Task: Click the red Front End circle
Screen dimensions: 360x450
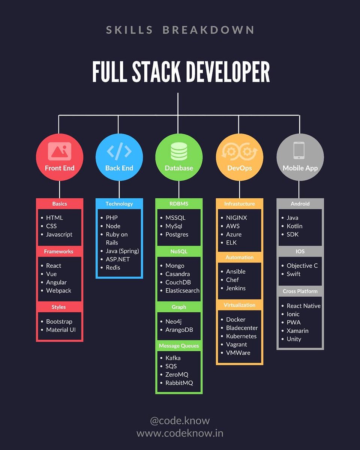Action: (x=60, y=157)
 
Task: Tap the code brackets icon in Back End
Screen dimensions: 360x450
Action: (x=119, y=151)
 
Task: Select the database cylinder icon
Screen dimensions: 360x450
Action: (x=179, y=151)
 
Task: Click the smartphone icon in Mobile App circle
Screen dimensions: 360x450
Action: (x=299, y=150)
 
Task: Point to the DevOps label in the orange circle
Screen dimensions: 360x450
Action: (x=240, y=168)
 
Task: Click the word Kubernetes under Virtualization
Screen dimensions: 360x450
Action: (x=241, y=336)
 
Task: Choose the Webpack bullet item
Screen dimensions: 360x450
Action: (x=58, y=291)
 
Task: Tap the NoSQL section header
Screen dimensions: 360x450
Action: (x=179, y=251)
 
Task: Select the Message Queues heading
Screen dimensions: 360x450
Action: (x=179, y=346)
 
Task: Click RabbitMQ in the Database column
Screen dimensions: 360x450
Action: (x=179, y=383)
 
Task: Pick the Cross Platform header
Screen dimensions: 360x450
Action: (x=300, y=291)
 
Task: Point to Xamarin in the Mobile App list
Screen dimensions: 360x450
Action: (x=297, y=331)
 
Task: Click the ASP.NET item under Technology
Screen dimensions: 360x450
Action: (x=117, y=259)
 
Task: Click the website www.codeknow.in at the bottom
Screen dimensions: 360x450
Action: (x=180, y=433)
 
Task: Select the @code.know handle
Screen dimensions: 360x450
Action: (x=180, y=420)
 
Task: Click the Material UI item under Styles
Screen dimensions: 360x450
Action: (x=61, y=330)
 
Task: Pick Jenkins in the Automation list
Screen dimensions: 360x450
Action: (x=235, y=288)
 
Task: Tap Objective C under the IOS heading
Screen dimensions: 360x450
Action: (x=302, y=265)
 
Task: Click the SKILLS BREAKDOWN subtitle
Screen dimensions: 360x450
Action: (x=180, y=30)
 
